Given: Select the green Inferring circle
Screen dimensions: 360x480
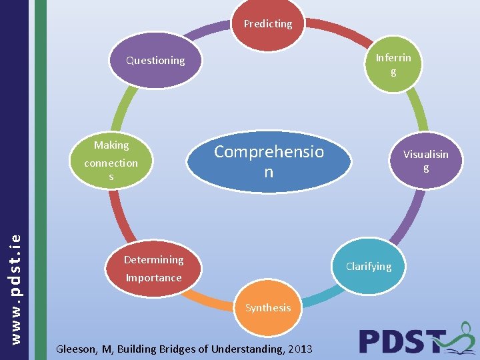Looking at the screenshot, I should coord(393,64).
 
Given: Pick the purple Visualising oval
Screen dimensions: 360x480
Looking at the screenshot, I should coord(425,161).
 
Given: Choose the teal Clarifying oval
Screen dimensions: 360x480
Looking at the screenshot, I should coord(369,267).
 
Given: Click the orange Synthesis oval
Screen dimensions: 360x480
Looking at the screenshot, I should coord(267,308).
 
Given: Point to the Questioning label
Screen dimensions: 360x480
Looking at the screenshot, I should coord(156,61).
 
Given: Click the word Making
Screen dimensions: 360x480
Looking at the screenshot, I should coord(111,145).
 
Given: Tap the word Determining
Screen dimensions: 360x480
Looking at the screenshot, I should coord(153,259).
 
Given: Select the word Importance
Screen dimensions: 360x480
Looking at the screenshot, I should coord(153,277).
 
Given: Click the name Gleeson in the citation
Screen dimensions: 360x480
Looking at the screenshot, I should coord(77,349).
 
